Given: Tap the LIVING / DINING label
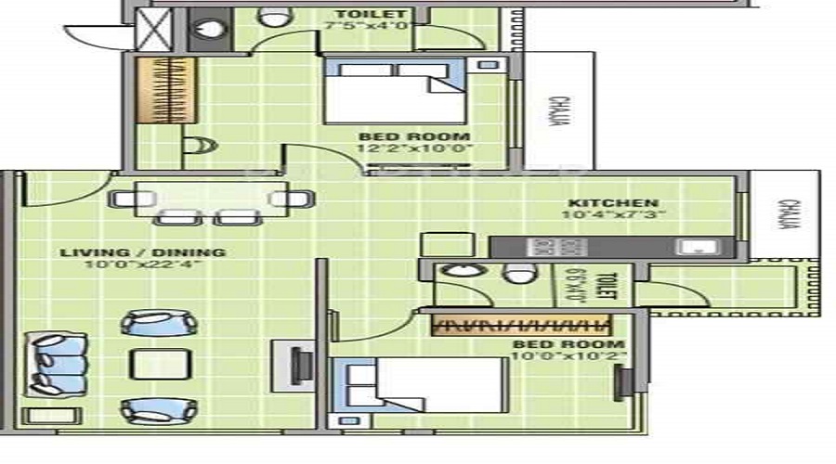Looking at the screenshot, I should tap(142, 251).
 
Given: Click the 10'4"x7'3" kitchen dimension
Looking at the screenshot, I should tap(613, 215).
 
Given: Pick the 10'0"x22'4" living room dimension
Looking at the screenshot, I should tap(142, 264).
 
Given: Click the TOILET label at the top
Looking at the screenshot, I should tap(370, 14).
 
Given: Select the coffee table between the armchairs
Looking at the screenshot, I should tap(158, 363).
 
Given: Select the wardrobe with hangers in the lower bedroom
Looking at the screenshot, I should tap(523, 325).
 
